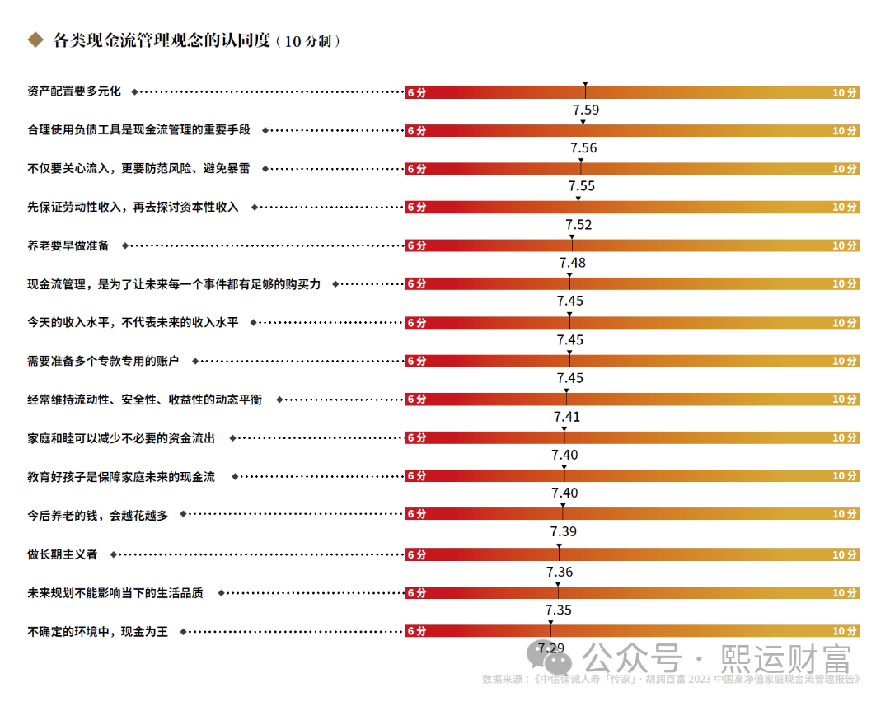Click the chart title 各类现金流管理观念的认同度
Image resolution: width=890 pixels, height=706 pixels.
[x=162, y=40]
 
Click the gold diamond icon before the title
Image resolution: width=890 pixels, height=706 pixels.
[x=35, y=40]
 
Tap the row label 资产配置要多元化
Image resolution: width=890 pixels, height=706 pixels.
[x=74, y=92]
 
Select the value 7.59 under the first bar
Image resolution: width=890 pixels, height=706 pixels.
[x=585, y=110]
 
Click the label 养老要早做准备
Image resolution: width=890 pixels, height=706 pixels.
[x=68, y=245]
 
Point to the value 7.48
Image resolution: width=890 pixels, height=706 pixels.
[x=572, y=263]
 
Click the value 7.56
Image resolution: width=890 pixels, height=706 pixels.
[x=583, y=148]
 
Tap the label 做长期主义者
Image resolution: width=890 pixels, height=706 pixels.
[x=62, y=554]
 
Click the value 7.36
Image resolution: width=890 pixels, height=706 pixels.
[x=560, y=572]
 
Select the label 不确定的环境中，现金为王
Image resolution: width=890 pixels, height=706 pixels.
[x=97, y=632]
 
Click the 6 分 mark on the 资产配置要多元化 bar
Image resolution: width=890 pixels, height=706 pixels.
[x=417, y=93]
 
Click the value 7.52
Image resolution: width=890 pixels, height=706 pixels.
[x=578, y=225]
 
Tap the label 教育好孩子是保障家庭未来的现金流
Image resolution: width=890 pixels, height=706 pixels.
[x=121, y=476]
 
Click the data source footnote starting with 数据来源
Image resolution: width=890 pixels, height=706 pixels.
[x=671, y=680]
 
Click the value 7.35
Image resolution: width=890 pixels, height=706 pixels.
[x=559, y=610]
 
